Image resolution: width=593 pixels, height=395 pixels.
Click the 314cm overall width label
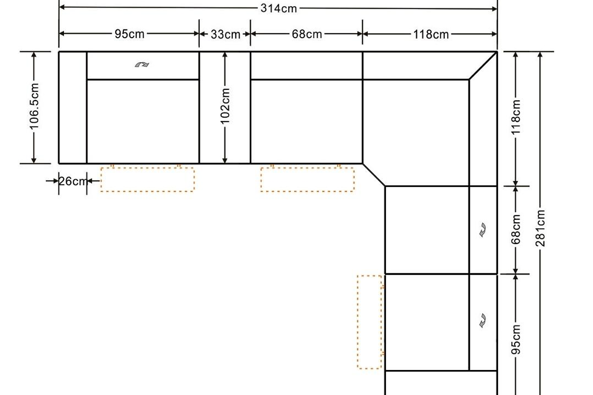tap(278, 8)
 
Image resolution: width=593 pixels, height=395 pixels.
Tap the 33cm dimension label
tap(225, 35)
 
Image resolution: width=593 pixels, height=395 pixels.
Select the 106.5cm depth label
tap(34, 107)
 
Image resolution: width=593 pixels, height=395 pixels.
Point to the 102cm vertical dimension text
tap(225, 107)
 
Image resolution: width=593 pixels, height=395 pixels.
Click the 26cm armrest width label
tap(73, 181)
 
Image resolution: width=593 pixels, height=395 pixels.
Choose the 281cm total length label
tap(540, 228)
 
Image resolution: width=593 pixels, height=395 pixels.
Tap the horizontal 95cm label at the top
tap(129, 34)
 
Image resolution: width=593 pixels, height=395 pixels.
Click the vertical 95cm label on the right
tap(516, 339)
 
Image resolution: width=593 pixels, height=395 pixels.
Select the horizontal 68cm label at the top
tap(307, 34)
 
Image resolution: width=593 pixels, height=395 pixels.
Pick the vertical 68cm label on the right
tap(516, 229)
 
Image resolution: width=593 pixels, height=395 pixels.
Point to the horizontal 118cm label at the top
tap(431, 35)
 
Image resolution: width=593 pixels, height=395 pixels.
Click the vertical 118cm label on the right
tap(516, 117)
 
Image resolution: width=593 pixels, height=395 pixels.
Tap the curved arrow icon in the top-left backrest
tap(142, 64)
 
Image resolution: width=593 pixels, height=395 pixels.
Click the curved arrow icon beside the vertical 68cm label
tap(483, 230)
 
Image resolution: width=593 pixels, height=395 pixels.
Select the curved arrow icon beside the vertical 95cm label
tap(483, 320)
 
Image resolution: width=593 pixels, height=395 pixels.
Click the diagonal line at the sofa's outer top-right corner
tap(483, 66)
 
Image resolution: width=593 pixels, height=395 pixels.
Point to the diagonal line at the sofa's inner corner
tap(374, 175)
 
